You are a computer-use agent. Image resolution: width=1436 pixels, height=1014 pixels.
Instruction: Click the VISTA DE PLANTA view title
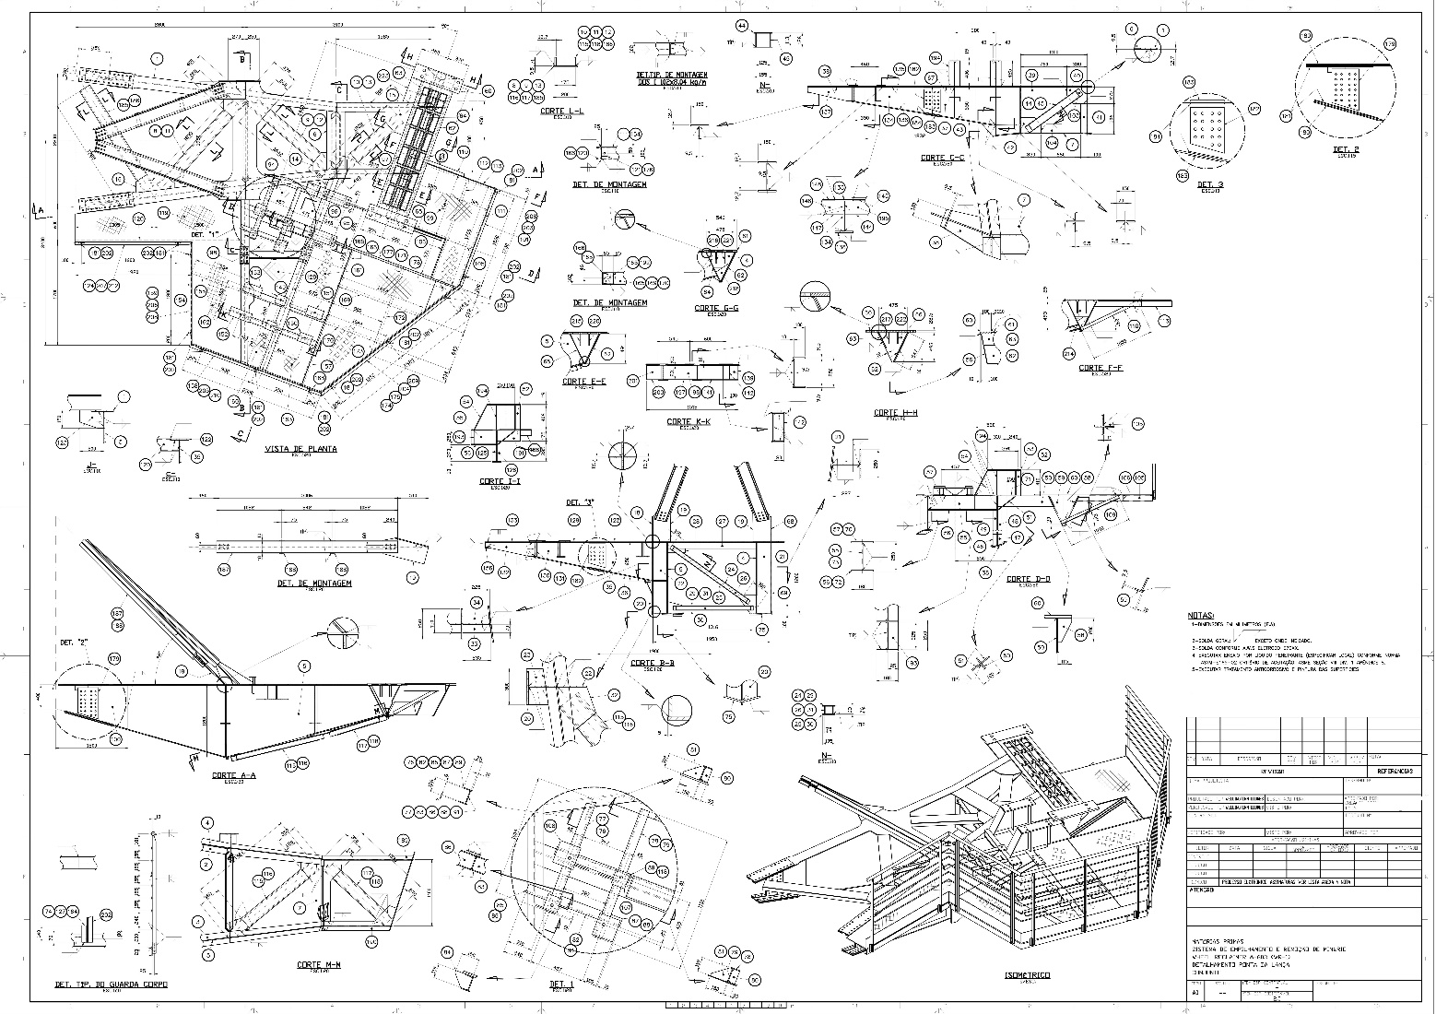coord(300,449)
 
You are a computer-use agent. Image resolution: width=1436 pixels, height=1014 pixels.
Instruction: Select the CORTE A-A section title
coord(233,774)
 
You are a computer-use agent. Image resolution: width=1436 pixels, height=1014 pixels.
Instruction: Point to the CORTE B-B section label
coord(653,663)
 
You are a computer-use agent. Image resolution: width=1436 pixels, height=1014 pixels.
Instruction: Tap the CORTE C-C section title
coord(942,158)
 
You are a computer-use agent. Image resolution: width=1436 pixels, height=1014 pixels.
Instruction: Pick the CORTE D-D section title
coord(1028,579)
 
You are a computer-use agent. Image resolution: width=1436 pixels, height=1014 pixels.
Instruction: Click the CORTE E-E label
coord(583,381)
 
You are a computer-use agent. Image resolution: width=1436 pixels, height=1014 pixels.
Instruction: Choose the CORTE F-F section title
coord(1101,368)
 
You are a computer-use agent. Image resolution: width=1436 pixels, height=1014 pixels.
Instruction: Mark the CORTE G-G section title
coord(716,308)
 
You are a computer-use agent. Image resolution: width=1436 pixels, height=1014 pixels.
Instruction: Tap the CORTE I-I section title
coord(500,481)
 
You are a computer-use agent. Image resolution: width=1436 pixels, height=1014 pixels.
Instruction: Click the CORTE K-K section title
coord(689,421)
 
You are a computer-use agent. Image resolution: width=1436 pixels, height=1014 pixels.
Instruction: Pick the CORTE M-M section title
coord(319,964)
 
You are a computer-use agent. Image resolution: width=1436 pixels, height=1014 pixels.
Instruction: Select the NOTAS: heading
coord(1201,614)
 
